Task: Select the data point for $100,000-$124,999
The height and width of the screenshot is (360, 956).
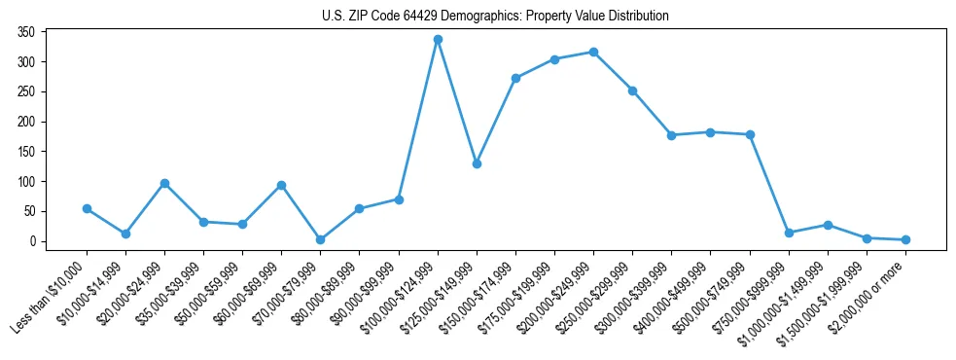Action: (438, 39)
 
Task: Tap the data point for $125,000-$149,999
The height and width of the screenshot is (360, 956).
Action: (477, 163)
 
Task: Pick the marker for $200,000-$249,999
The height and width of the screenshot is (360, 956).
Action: (593, 52)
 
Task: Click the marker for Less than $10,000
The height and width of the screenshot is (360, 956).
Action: (87, 208)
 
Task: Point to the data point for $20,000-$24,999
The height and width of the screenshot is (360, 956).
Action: (164, 183)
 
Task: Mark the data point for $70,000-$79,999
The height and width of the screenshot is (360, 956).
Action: (320, 239)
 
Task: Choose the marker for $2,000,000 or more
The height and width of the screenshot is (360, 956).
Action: (905, 239)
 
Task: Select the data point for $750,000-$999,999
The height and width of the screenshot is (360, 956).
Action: (789, 233)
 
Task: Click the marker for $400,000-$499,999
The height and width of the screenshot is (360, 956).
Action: (711, 132)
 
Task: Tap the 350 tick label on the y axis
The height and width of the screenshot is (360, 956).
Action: (26, 32)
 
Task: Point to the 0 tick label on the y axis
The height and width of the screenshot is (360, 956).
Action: (32, 241)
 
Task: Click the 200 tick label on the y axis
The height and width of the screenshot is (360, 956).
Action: (26, 122)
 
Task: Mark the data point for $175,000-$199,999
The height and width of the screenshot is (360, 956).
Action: (554, 59)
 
